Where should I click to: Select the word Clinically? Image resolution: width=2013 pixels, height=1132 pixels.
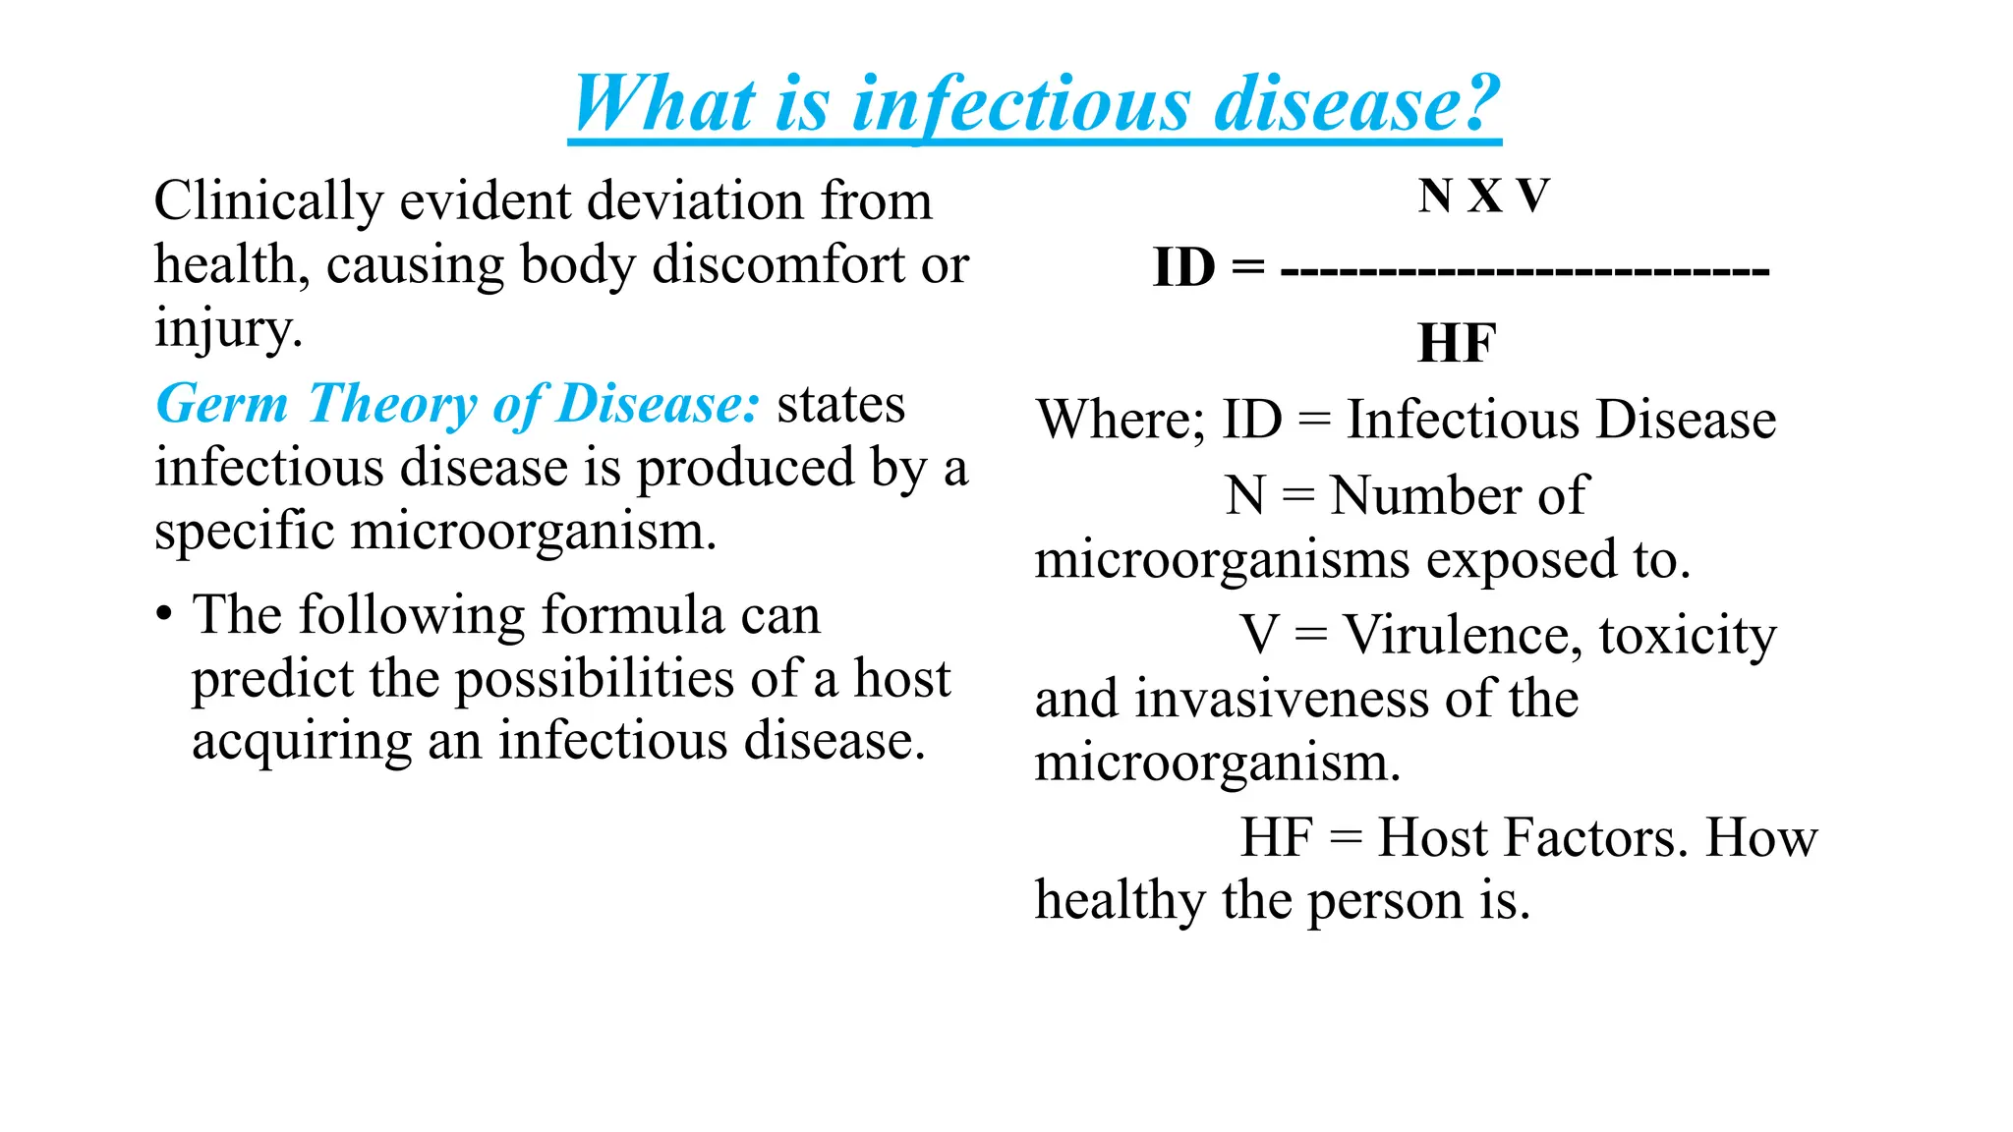[x=268, y=201]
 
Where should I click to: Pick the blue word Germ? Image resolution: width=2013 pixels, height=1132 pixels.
[x=222, y=404]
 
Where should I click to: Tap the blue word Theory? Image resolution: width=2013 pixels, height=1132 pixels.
[x=392, y=404]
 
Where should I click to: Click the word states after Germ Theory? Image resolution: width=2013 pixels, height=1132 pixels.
[x=840, y=404]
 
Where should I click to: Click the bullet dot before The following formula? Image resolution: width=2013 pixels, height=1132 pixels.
[x=164, y=615]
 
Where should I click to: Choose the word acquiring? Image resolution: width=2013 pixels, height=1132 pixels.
[x=301, y=742]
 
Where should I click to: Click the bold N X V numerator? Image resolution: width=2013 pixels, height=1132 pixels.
[x=1483, y=196]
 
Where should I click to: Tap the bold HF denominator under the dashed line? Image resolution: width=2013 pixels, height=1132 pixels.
[x=1457, y=344]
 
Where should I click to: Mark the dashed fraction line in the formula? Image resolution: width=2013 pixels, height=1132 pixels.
[x=1524, y=269]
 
